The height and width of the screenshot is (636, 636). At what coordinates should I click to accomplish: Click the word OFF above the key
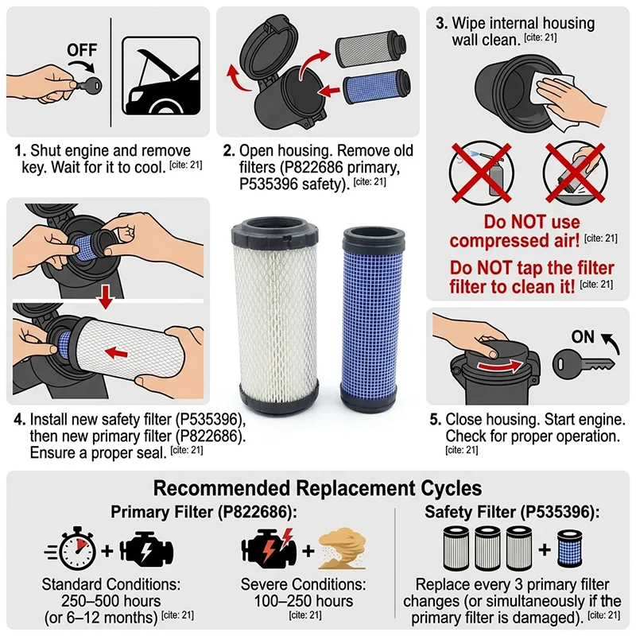coord(82,50)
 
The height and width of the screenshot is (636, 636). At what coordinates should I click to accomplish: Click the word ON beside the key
coord(583,336)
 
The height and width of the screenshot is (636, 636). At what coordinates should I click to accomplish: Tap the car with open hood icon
coord(161,76)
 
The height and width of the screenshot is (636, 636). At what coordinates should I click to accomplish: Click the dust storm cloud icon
coord(343,549)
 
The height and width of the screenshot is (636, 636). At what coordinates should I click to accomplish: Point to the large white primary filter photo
coord(275,314)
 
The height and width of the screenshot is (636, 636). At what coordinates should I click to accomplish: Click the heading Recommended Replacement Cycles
coord(317,488)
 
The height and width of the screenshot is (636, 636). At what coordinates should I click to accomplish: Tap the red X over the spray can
coord(482,173)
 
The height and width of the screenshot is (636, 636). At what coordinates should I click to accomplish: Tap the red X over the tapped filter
coord(576,173)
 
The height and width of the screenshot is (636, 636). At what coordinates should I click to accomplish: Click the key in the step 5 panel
coord(584,363)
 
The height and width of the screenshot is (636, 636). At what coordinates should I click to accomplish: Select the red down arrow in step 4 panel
coord(106,297)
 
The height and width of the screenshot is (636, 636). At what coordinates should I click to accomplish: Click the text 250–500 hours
coord(111,601)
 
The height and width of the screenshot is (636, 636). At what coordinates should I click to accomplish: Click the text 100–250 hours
coord(304,601)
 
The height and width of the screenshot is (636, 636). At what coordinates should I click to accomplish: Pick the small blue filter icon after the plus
coord(569,549)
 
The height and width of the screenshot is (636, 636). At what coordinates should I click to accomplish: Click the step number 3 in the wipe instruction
coord(441,24)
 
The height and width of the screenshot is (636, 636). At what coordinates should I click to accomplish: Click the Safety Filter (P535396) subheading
coord(512,512)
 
